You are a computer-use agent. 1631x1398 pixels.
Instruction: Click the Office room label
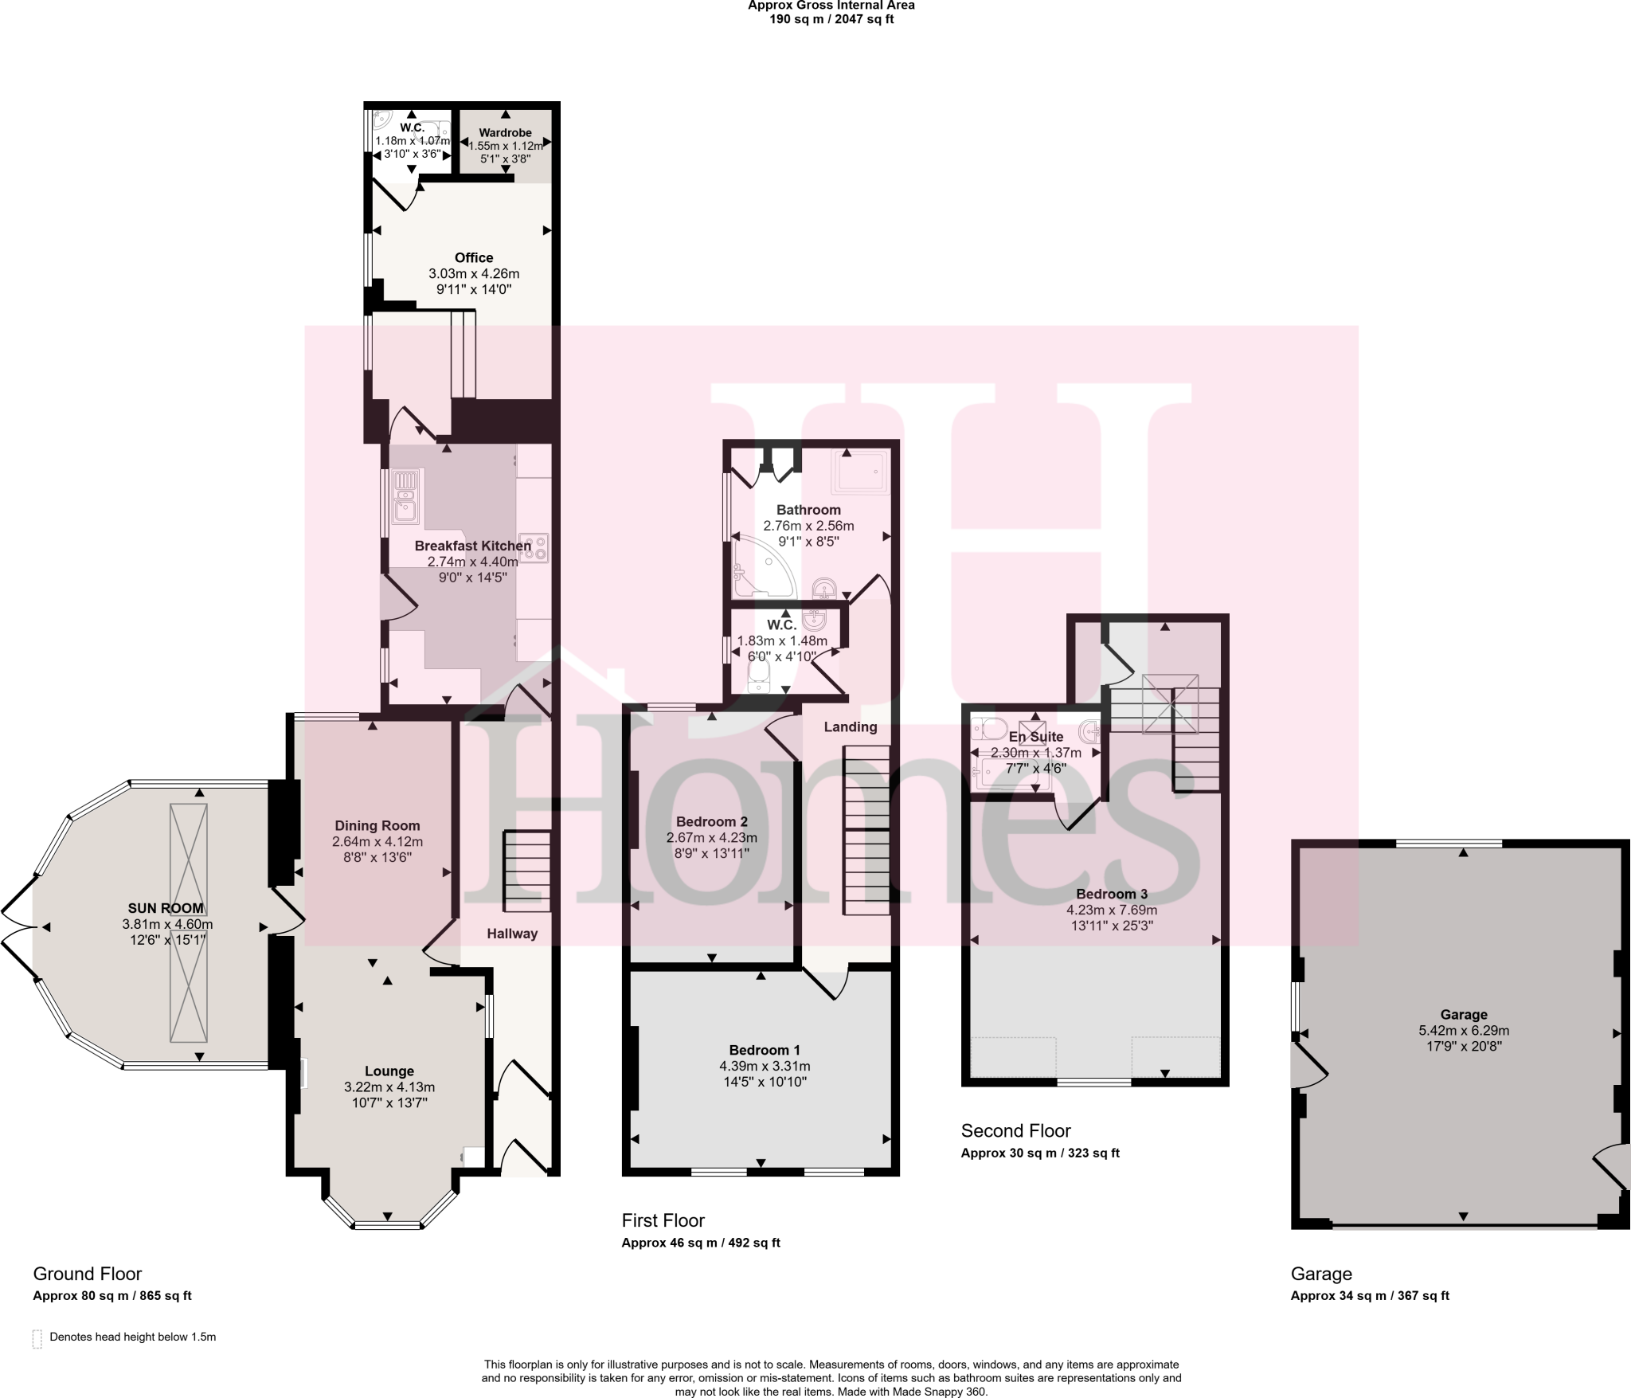pyautogui.click(x=474, y=257)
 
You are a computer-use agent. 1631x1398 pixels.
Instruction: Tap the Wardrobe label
pyautogui.click(x=505, y=133)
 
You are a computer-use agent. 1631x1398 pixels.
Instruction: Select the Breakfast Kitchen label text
pyautogui.click(x=472, y=546)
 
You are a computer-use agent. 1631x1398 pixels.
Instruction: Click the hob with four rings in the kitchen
pyautogui.click(x=534, y=547)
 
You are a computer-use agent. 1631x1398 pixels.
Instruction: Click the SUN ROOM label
pyautogui.click(x=166, y=908)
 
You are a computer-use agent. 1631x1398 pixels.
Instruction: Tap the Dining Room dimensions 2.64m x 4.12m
pyautogui.click(x=377, y=841)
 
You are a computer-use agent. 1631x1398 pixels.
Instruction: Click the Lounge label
pyautogui.click(x=389, y=1071)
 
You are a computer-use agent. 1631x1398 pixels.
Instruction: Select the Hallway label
pyautogui.click(x=512, y=934)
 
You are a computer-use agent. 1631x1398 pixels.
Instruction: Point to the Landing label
pyautogui.click(x=851, y=726)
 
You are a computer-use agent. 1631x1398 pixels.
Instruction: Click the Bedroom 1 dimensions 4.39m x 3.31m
pyautogui.click(x=765, y=1066)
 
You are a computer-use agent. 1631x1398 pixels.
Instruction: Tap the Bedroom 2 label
pyautogui.click(x=711, y=821)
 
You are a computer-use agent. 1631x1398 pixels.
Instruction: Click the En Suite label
pyautogui.click(x=1035, y=737)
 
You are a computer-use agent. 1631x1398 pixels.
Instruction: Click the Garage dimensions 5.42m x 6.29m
pyautogui.click(x=1464, y=1030)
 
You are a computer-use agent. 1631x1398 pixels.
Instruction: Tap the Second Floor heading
pyautogui.click(x=1015, y=1130)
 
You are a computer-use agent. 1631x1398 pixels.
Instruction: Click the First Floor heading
pyautogui.click(x=663, y=1220)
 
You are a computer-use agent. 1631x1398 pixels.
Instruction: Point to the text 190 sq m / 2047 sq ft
pyautogui.click(x=831, y=19)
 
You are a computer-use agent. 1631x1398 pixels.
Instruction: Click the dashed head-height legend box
pyautogui.click(x=37, y=1338)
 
